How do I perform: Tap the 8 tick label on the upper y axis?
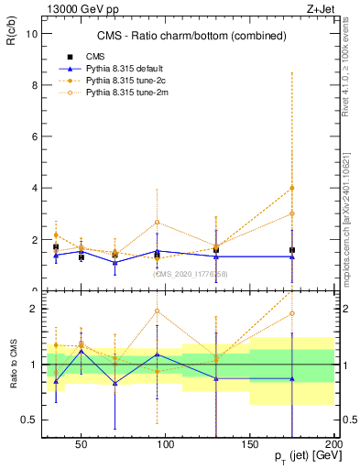click(34, 85)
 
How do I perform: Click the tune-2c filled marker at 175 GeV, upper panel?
click(292, 188)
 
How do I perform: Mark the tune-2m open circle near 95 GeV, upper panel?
click(158, 222)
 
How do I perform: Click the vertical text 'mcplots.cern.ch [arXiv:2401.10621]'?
click(348, 211)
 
